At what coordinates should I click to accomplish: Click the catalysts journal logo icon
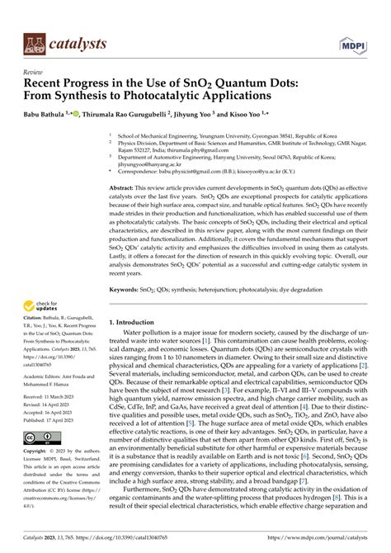coord(35,44)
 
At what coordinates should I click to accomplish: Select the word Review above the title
coord(34,72)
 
